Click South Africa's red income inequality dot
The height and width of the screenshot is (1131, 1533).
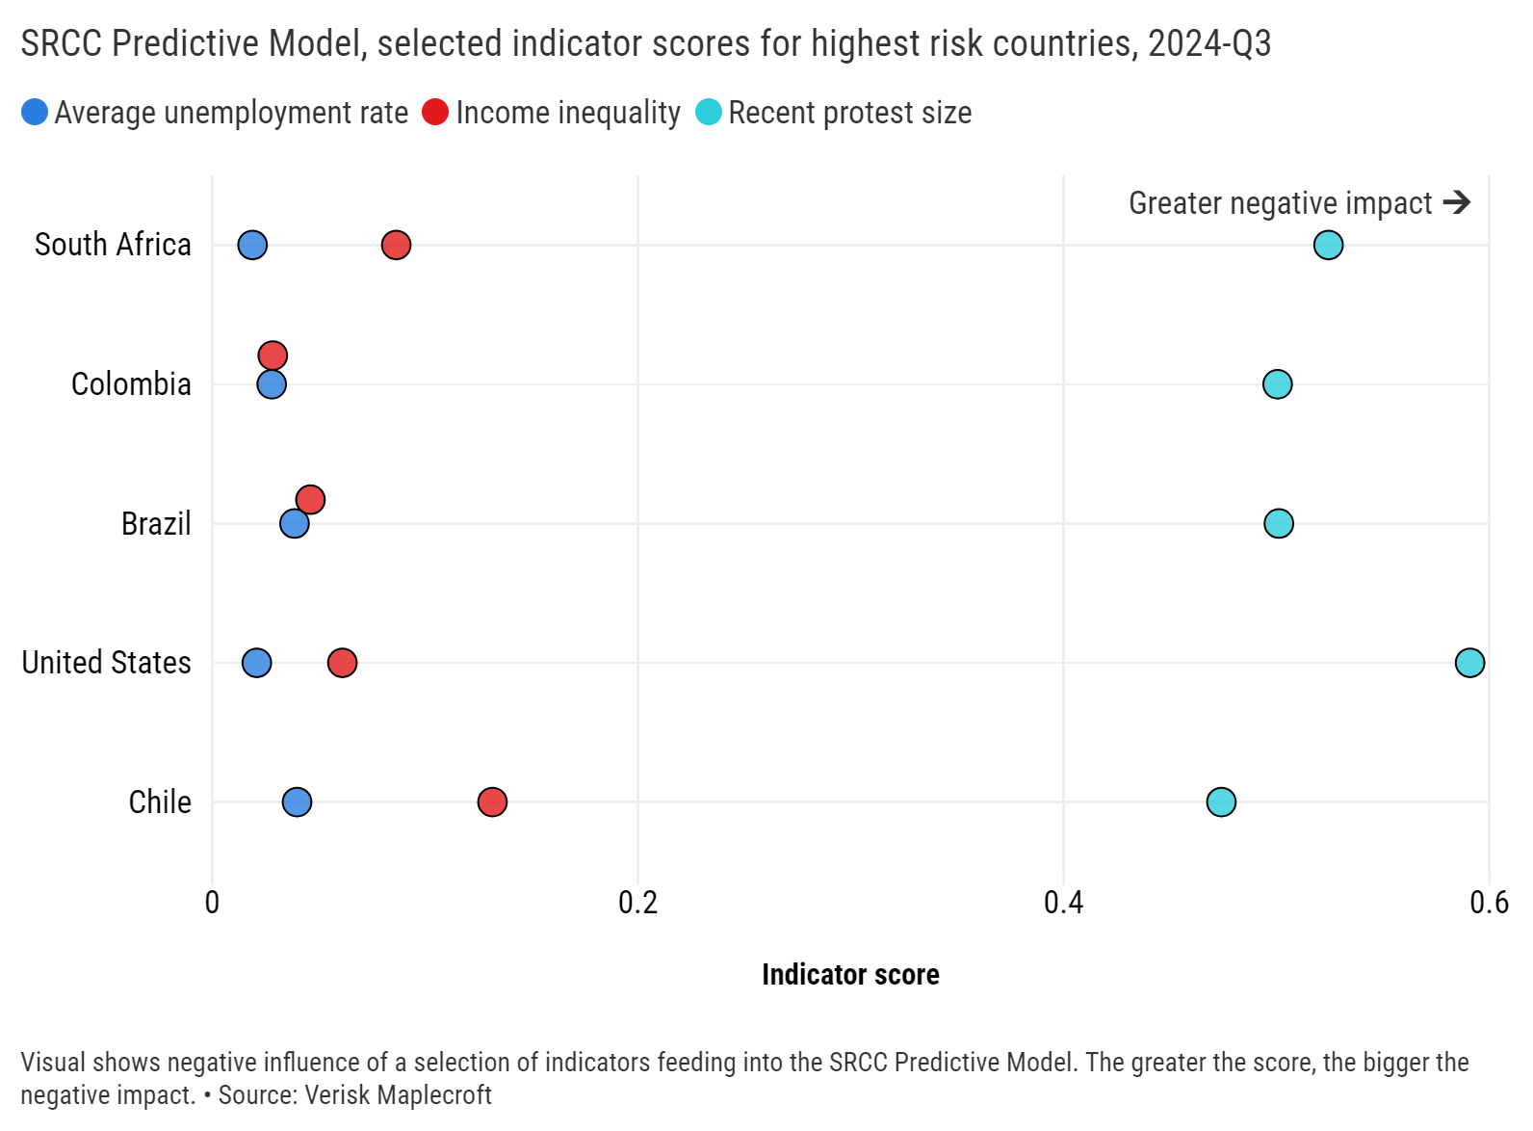point(396,245)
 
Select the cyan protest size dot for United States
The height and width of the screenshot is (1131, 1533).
point(1469,663)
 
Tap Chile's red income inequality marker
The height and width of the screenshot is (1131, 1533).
point(492,802)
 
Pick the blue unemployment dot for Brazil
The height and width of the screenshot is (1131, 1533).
point(295,524)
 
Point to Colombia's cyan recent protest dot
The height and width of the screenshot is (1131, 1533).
point(1277,384)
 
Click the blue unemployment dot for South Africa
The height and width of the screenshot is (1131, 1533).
point(252,245)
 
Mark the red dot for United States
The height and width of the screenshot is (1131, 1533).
point(342,663)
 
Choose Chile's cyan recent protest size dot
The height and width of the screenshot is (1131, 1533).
point(1221,802)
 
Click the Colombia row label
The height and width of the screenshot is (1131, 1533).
point(131,384)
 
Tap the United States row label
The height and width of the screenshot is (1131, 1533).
point(107,663)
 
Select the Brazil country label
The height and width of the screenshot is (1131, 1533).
point(156,524)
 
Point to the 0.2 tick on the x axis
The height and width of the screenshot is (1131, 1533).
point(637,903)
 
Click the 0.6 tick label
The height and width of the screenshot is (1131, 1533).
point(1489,903)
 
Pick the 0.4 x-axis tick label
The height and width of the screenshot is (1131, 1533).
point(1063,903)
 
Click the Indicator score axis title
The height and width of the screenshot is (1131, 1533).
point(850,975)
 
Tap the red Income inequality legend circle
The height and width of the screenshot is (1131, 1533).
point(435,113)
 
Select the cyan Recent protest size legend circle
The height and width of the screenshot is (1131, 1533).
point(709,113)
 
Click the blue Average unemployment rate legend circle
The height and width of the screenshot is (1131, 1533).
point(35,113)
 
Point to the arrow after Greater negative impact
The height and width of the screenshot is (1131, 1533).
point(1457,202)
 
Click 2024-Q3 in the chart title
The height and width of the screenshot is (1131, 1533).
point(1209,43)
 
